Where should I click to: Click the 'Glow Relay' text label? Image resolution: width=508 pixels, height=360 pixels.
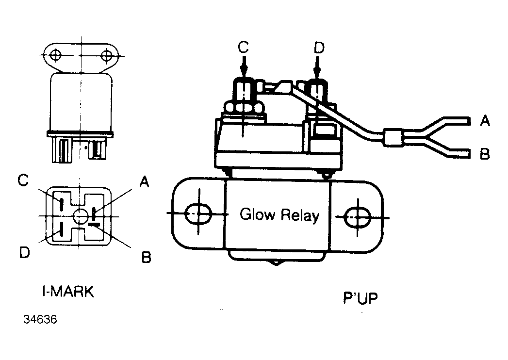(x=279, y=215)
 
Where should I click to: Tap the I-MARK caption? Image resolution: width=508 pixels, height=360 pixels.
(x=68, y=292)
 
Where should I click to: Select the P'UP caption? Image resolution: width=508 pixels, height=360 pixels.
(x=361, y=298)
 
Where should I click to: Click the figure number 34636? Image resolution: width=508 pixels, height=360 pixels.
(x=40, y=320)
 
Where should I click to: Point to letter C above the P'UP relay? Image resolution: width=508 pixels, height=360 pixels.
(x=243, y=48)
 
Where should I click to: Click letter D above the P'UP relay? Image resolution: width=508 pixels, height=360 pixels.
(x=319, y=48)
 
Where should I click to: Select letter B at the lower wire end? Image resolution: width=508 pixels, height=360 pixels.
(x=485, y=154)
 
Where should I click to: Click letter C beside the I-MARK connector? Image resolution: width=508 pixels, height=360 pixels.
(x=23, y=180)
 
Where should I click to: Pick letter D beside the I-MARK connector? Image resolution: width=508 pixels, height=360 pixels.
(x=25, y=252)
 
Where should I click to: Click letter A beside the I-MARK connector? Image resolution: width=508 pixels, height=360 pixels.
(x=144, y=181)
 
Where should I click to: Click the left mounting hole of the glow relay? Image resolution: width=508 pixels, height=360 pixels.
(x=198, y=214)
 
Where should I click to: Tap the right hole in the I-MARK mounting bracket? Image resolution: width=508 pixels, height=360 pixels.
(x=107, y=55)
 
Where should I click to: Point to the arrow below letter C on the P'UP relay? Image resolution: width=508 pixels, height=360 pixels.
(x=244, y=66)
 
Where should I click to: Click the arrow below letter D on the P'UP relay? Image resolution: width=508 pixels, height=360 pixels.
(x=317, y=67)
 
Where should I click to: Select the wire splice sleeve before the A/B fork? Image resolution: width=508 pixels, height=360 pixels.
(x=393, y=137)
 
